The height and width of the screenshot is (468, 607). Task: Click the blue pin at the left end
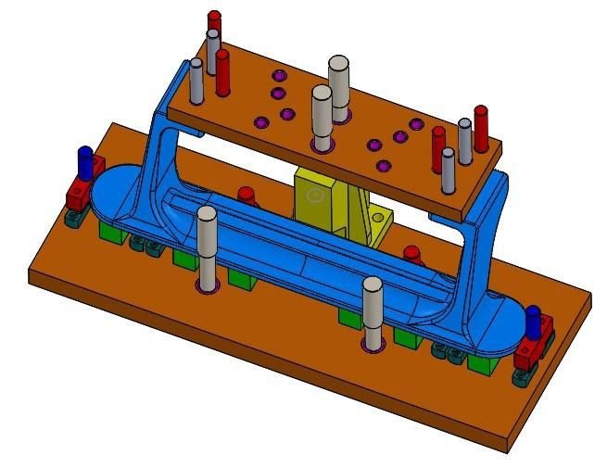(86, 161)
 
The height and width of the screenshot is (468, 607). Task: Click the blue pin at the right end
(534, 320)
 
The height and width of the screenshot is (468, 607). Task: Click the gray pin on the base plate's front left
(206, 247)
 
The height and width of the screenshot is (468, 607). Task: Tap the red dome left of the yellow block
(246, 196)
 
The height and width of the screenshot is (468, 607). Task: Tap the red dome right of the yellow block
(411, 253)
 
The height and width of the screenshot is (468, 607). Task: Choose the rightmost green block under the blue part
(480, 360)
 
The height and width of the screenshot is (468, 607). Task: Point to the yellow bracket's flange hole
(381, 217)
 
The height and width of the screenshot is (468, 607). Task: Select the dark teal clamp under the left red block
(72, 219)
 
